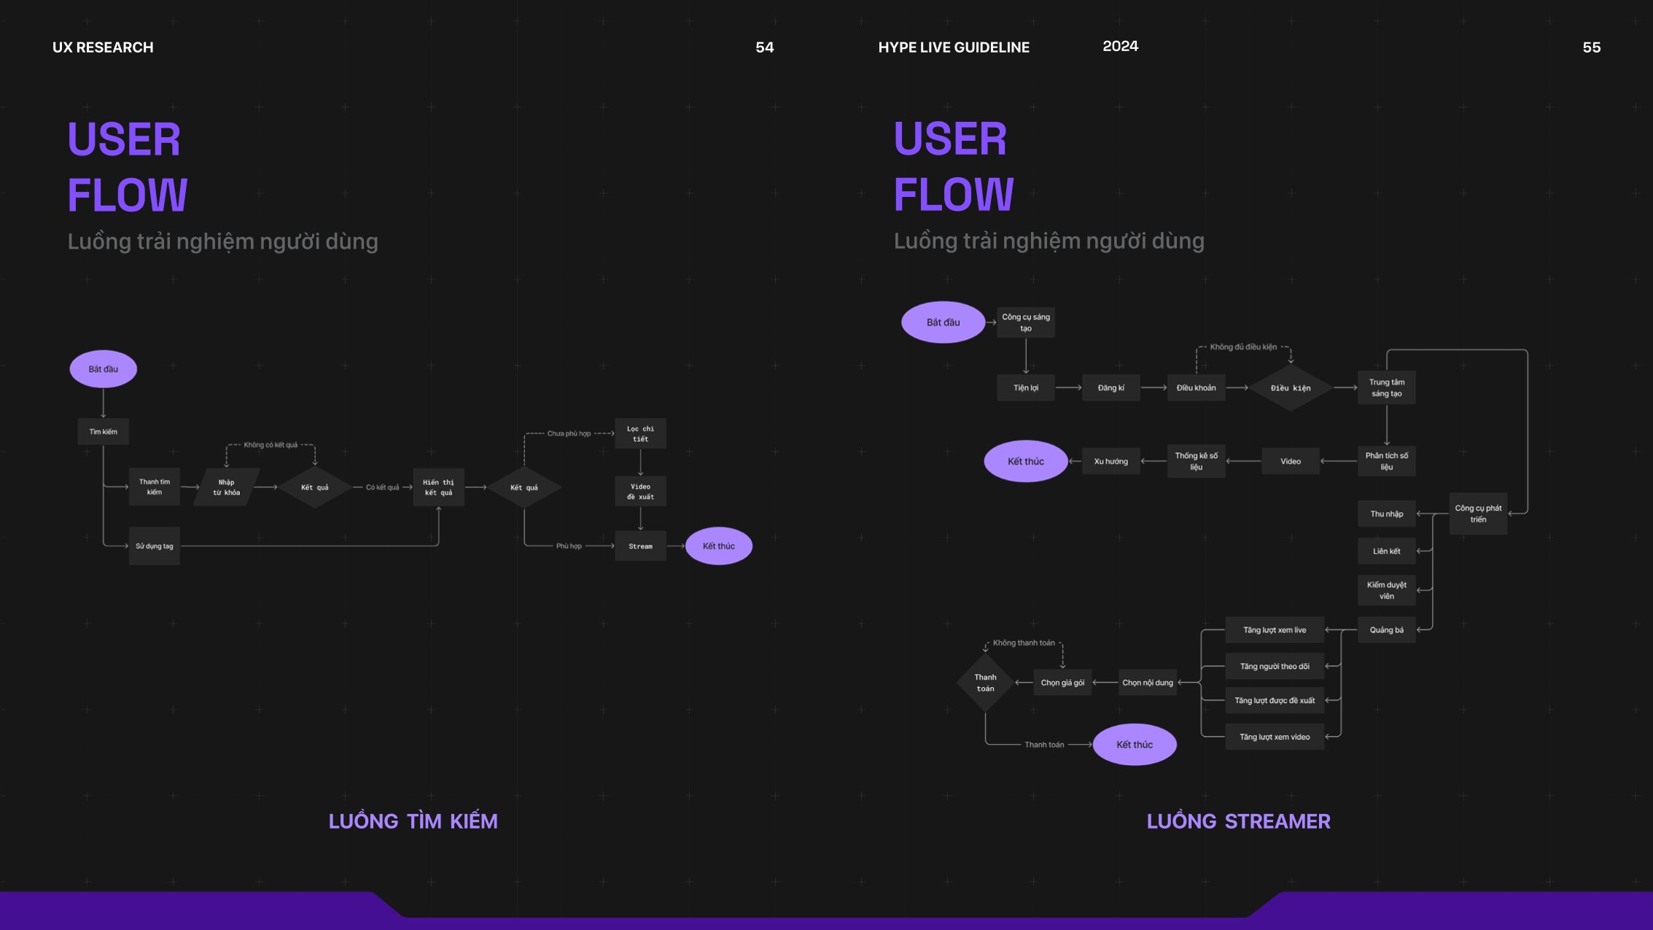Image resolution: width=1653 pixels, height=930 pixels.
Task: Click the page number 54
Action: pyautogui.click(x=764, y=47)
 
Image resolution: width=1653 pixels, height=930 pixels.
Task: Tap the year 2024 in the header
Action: pyautogui.click(x=1120, y=46)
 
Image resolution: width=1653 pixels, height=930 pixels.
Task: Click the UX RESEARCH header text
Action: pyautogui.click(x=103, y=47)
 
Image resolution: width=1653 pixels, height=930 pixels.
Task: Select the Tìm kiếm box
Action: pyautogui.click(x=103, y=431)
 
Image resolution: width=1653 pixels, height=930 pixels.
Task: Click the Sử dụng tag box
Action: pyautogui.click(x=155, y=546)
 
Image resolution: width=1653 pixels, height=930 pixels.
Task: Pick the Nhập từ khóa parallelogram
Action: pyautogui.click(x=226, y=487)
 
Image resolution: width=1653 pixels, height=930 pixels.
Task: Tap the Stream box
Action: pyautogui.click(x=640, y=546)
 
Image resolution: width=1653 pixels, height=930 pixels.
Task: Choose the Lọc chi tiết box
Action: pyautogui.click(x=640, y=433)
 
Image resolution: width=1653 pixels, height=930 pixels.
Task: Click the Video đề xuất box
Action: pyautogui.click(x=640, y=491)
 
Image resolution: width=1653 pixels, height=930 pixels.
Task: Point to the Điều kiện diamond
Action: pyautogui.click(x=1291, y=388)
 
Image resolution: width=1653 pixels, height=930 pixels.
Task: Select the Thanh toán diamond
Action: pyautogui.click(x=985, y=683)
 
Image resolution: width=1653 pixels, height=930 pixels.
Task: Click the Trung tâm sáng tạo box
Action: pyautogui.click(x=1386, y=387)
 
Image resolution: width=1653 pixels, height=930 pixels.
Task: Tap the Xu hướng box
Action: pyautogui.click(x=1111, y=461)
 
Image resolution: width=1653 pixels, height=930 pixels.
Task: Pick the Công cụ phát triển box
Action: pyautogui.click(x=1478, y=514)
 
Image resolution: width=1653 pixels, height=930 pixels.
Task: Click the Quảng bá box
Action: pyautogui.click(x=1386, y=629)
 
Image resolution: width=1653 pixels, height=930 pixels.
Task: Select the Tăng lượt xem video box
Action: pyautogui.click(x=1275, y=737)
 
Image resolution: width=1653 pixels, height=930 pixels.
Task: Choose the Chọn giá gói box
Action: pyautogui.click(x=1062, y=683)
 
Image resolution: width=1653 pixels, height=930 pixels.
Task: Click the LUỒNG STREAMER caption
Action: pyautogui.click(x=1238, y=821)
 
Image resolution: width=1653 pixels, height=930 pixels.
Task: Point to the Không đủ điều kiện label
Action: pyautogui.click(x=1243, y=347)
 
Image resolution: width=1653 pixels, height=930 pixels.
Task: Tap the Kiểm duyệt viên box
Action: pyautogui.click(x=1386, y=590)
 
